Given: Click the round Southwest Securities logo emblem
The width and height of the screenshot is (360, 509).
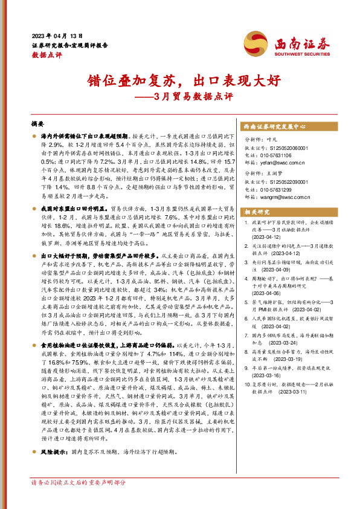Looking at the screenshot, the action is (254, 43).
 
